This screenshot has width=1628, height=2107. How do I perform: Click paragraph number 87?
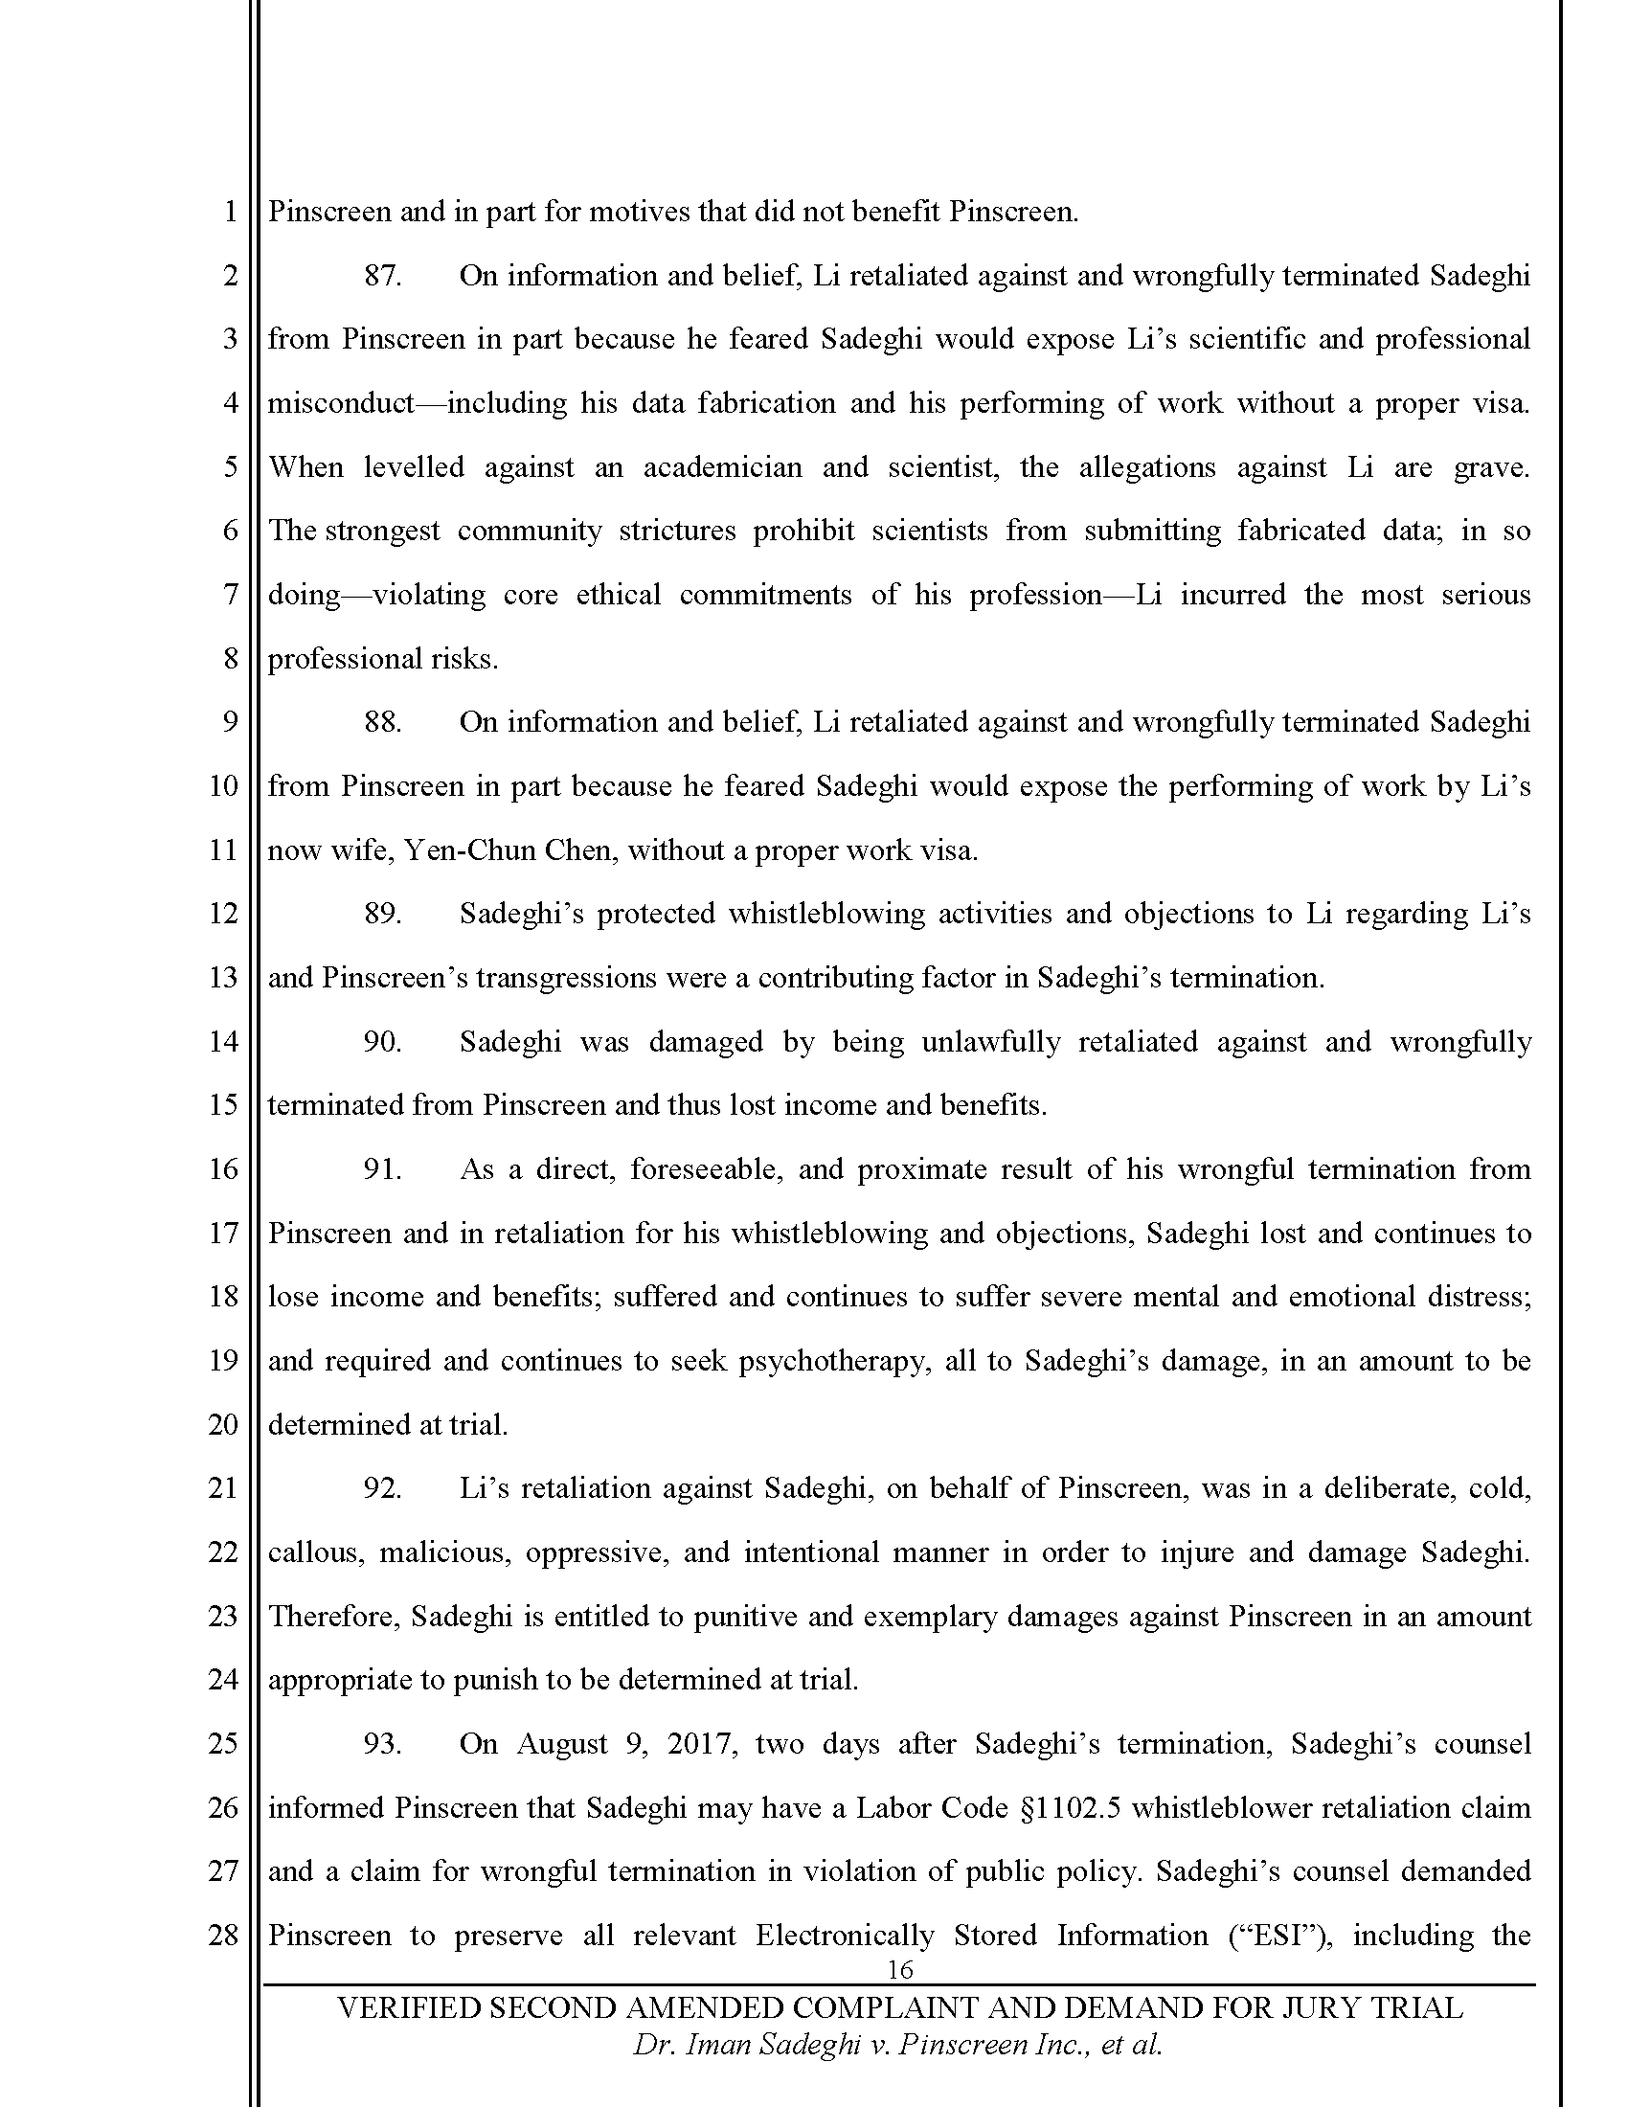point(382,276)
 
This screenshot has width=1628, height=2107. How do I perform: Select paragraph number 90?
point(382,1042)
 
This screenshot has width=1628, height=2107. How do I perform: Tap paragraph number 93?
point(382,1744)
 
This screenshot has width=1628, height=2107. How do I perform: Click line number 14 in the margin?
point(223,1042)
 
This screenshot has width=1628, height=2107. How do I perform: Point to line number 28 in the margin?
point(223,1936)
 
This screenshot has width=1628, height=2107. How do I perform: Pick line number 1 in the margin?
point(230,213)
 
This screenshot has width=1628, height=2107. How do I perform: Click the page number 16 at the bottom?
point(899,1970)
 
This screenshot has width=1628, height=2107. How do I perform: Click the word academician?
point(722,468)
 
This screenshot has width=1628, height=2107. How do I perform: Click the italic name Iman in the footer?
point(716,2046)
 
